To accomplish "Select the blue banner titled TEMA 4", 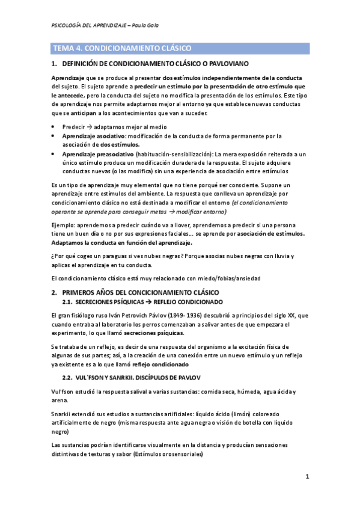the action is pyautogui.click(x=180, y=48).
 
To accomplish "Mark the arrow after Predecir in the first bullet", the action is pyautogui.click(x=88, y=128).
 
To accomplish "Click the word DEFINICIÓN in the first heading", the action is pyautogui.click(x=84, y=63).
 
